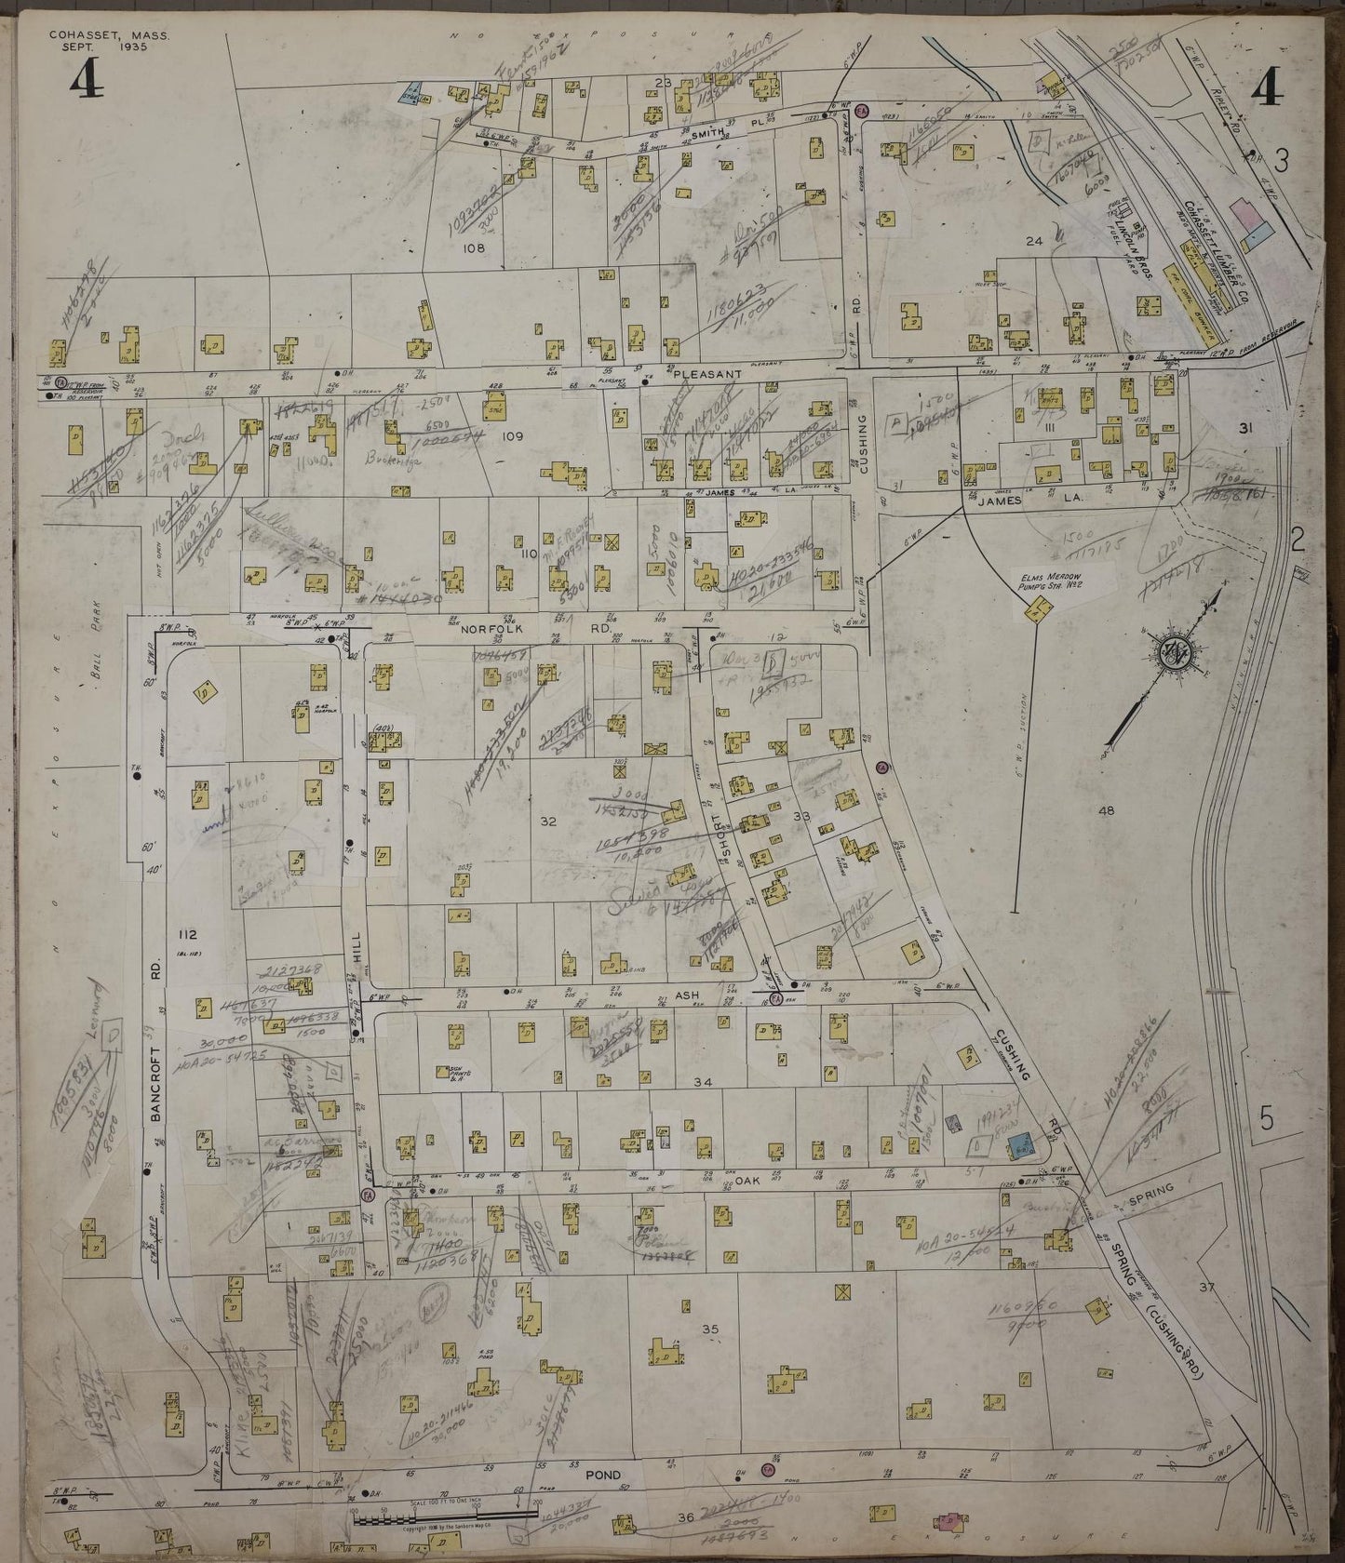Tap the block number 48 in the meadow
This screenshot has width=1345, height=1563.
[x=1106, y=811]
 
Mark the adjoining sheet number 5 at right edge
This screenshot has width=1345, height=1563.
[x=1267, y=1121]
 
